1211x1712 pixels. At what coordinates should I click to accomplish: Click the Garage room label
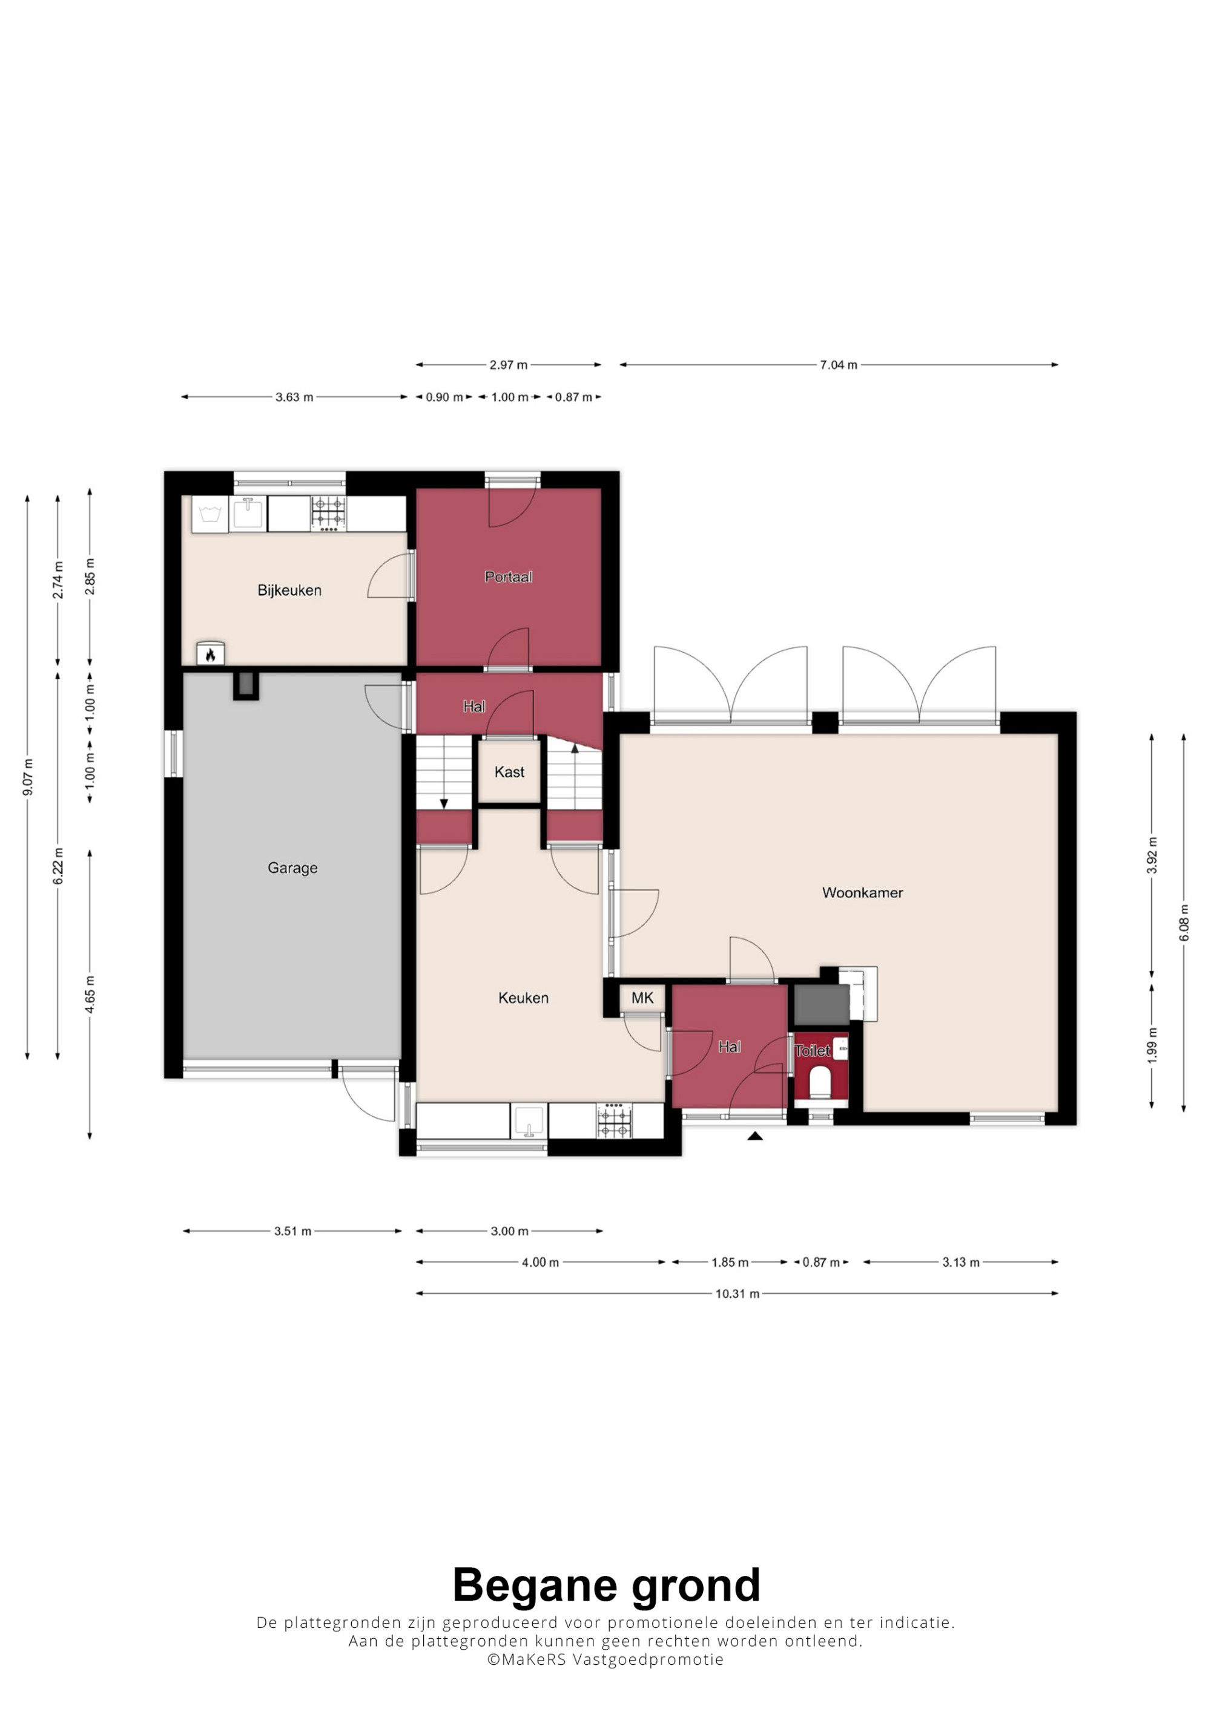coord(292,868)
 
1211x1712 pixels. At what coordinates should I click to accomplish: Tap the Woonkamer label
coord(863,892)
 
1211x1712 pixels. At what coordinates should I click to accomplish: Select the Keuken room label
coord(523,998)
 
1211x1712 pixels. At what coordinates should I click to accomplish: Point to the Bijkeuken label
coord(289,590)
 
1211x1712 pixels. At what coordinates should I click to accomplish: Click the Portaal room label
coord(508,577)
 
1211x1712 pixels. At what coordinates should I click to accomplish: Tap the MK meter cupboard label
coord(642,998)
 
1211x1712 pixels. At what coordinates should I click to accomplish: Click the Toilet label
coord(812,1051)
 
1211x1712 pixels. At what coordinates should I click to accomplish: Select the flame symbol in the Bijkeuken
coord(211,654)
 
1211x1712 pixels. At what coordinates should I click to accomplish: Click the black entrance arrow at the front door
coord(755,1136)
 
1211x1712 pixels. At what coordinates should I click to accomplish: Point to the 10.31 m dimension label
coord(737,1294)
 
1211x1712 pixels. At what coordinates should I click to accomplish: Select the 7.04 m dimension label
coord(839,365)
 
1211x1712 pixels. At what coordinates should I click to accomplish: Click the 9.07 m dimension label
coord(28,777)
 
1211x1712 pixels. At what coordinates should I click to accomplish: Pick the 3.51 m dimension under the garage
coord(292,1231)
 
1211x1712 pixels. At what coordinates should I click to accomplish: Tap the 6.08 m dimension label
coord(1183,923)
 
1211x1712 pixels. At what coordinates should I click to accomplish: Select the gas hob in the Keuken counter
coord(615,1120)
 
